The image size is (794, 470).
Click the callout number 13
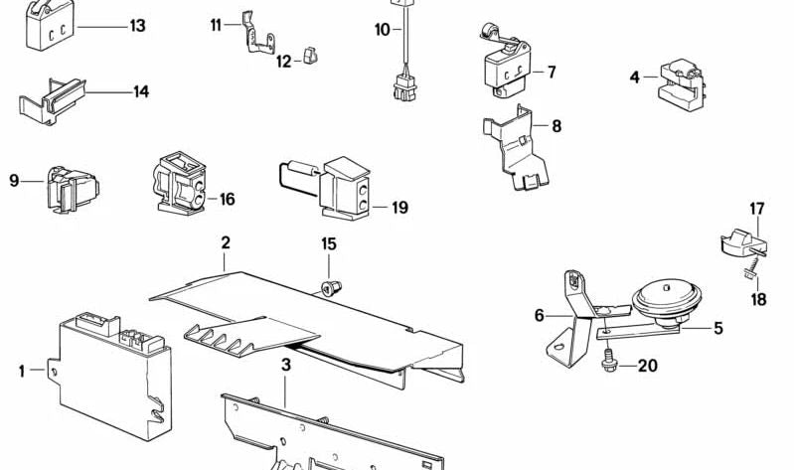pos(136,26)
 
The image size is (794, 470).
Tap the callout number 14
pos(141,92)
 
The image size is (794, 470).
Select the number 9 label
pos(14,180)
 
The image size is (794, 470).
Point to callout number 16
pos(227,200)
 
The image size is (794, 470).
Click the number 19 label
pos(399,208)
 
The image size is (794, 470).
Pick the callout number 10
pos(383,30)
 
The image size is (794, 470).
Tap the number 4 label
pos(634,76)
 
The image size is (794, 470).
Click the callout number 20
pos(647,367)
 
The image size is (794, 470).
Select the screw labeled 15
pos(329,287)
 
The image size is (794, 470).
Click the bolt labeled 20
pos(608,365)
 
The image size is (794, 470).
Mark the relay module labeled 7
pos(508,67)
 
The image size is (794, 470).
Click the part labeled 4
pos(681,80)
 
